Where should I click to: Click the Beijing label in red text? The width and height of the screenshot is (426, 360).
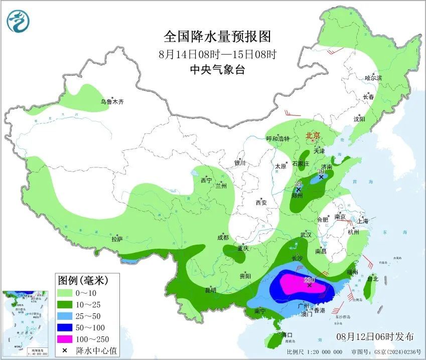313,135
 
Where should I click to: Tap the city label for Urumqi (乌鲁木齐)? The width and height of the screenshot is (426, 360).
112,102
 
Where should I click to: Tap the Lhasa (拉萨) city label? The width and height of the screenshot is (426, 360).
117,240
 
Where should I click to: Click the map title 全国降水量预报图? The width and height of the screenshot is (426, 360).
217,37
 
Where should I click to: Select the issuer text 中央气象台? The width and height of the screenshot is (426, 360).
217,70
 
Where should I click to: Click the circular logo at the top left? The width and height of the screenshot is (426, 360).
19,21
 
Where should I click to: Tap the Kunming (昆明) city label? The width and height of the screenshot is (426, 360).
210,290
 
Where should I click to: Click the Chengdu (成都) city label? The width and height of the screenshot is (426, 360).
223,238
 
